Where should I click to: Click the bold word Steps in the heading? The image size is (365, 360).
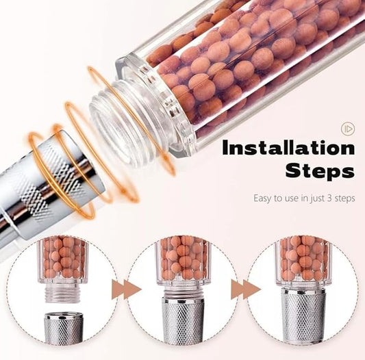[x=319, y=170]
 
